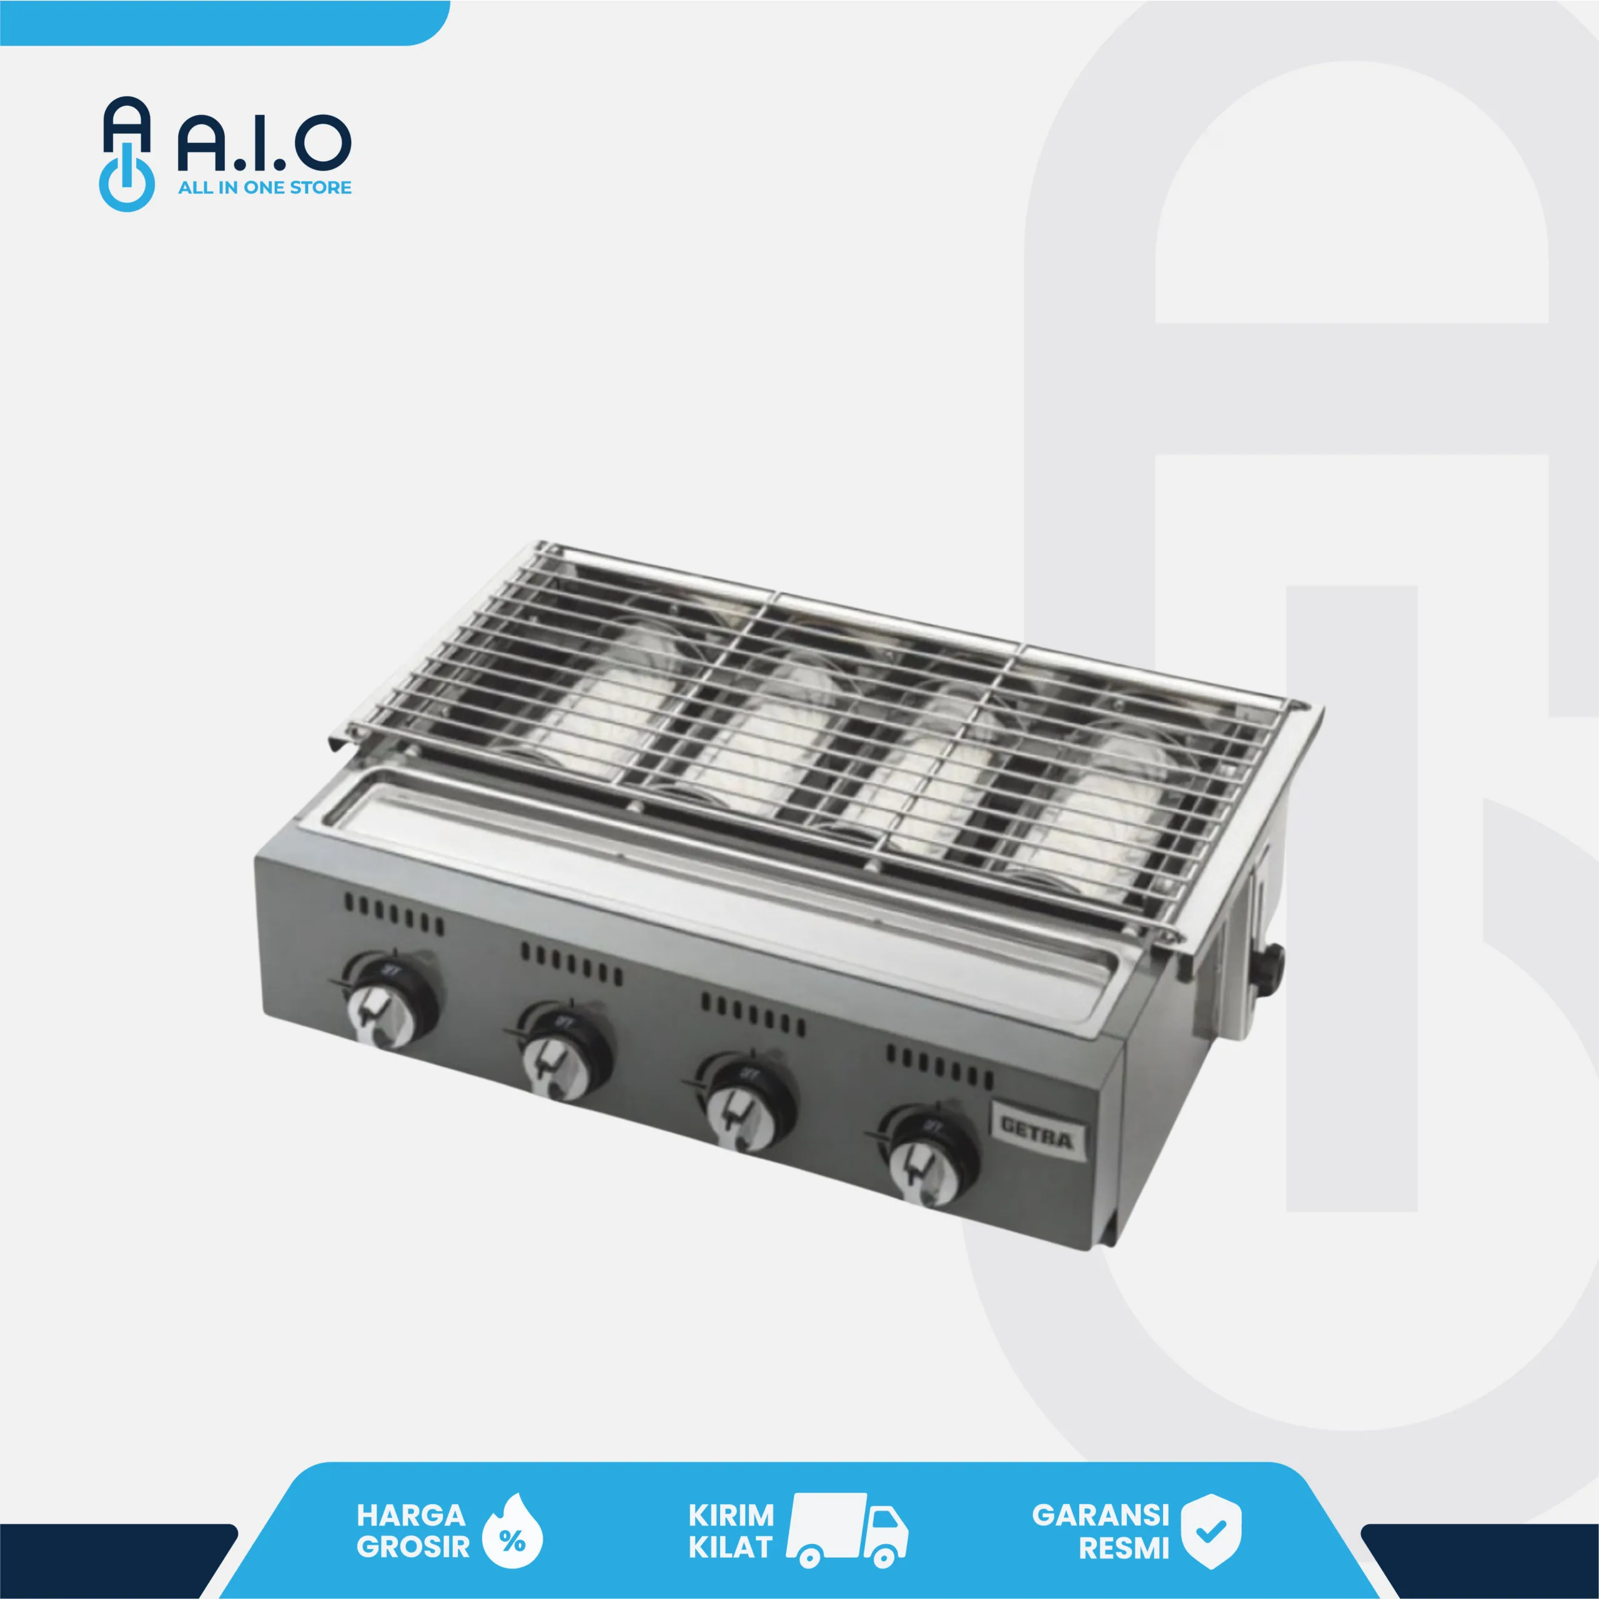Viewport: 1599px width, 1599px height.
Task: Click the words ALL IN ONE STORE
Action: point(264,188)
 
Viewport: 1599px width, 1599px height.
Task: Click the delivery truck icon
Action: point(846,1530)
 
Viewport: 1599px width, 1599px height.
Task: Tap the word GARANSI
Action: point(1100,1515)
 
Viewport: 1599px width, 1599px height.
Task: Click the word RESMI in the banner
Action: point(1123,1548)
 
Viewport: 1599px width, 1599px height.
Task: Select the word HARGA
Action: point(410,1515)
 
